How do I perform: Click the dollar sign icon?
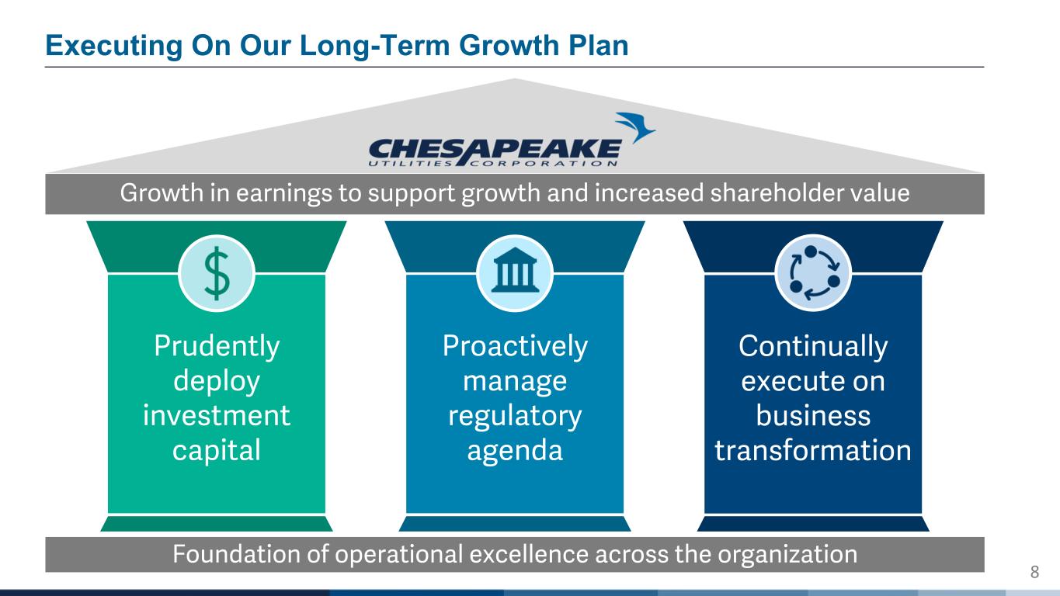(217, 273)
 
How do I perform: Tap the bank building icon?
(515, 270)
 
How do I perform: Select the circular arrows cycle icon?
(814, 273)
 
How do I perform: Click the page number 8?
(1035, 572)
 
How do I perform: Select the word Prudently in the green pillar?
(217, 347)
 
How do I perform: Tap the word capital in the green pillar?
(217, 450)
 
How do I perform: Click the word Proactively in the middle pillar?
(515, 347)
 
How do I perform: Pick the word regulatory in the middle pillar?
(515, 416)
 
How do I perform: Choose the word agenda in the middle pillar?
(515, 451)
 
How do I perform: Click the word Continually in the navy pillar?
(813, 347)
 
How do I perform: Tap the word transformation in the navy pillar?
(813, 450)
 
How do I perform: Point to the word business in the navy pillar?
(813, 415)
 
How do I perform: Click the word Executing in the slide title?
(114, 47)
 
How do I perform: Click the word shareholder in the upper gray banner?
(777, 192)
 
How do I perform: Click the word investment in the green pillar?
(217, 415)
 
